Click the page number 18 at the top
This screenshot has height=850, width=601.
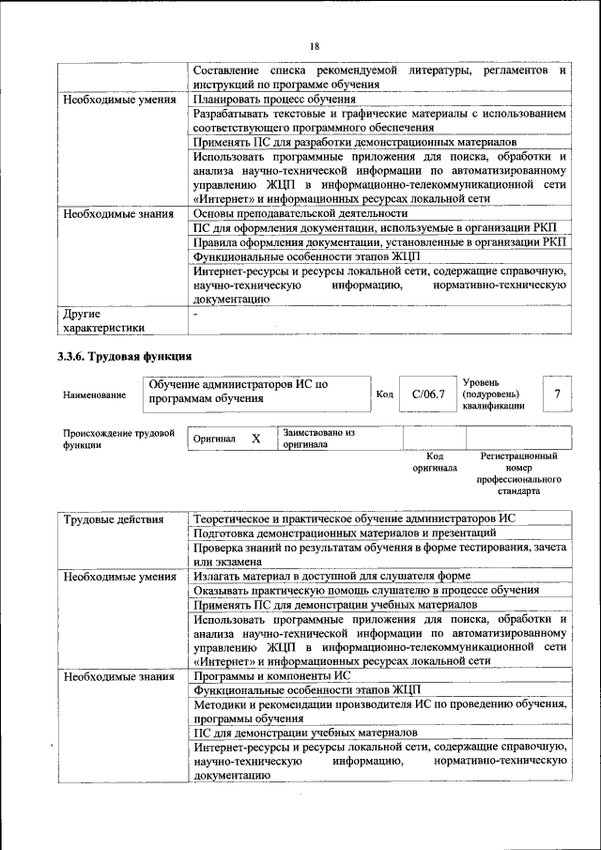click(315, 46)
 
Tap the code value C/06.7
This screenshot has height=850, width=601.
click(428, 394)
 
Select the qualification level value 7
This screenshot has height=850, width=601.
click(559, 394)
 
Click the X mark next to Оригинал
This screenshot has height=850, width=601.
click(255, 439)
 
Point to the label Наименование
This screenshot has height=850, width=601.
click(94, 395)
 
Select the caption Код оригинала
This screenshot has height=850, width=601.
click(434, 461)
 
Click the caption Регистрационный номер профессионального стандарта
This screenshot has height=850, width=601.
click(518, 473)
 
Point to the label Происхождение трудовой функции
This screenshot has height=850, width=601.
click(118, 440)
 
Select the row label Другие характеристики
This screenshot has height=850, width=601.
click(103, 320)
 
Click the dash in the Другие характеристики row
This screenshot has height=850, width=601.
click(195, 314)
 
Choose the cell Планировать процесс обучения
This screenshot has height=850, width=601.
click(273, 99)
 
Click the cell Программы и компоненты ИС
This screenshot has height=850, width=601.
click(271, 675)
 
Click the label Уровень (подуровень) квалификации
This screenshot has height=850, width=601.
click(495, 394)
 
